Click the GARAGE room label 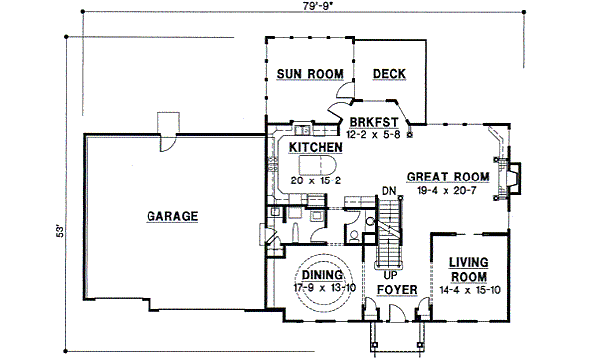[172, 216]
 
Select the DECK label [388, 74]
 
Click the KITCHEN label [316, 147]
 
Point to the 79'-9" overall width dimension [295, 9]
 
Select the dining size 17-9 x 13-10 [323, 288]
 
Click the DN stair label [389, 192]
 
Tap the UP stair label [391, 273]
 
